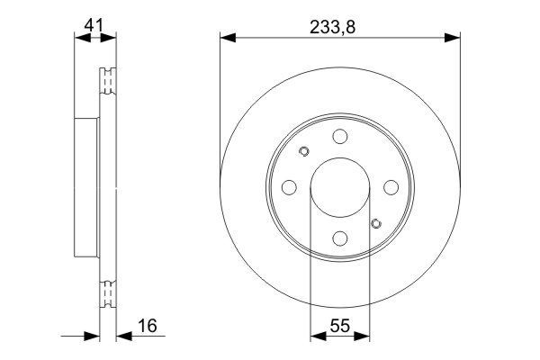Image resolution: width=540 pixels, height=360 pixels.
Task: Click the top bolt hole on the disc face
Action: tap(339, 136)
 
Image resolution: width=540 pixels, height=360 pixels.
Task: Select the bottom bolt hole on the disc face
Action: tap(339, 238)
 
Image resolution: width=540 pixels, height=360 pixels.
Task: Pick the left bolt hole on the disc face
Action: tap(289, 187)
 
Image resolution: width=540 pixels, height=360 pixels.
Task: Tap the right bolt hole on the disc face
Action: tap(391, 187)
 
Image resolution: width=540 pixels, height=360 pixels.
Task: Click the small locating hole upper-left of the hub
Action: tap(303, 151)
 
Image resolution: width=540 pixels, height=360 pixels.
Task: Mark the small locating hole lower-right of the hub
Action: tap(375, 223)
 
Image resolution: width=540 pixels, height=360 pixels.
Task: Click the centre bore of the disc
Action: tap(339, 187)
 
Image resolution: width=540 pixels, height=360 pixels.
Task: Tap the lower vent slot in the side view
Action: tap(109, 293)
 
